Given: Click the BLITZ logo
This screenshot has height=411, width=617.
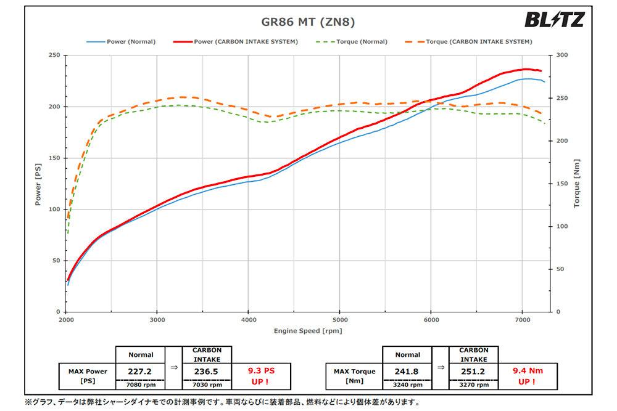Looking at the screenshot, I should pyautogui.click(x=553, y=20).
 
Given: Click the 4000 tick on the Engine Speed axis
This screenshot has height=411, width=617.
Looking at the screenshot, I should pyautogui.click(x=248, y=320).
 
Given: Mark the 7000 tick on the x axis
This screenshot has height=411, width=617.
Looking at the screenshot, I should pyautogui.click(x=523, y=320).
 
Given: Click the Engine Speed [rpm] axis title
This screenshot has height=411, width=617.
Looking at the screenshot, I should pyautogui.click(x=308, y=331).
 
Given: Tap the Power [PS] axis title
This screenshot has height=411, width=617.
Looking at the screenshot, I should pyautogui.click(x=38, y=183).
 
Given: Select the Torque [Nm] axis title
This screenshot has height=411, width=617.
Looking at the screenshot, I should pyautogui.click(x=577, y=183).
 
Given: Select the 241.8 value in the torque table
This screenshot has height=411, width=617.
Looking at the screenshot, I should pyautogui.click(x=407, y=372).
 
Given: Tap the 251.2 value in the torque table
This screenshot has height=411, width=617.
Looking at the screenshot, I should pyautogui.click(x=473, y=372).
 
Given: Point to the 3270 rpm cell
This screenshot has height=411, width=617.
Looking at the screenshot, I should pyautogui.click(x=473, y=385).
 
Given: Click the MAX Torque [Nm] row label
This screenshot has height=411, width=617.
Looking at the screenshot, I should pyautogui.click(x=354, y=376).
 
